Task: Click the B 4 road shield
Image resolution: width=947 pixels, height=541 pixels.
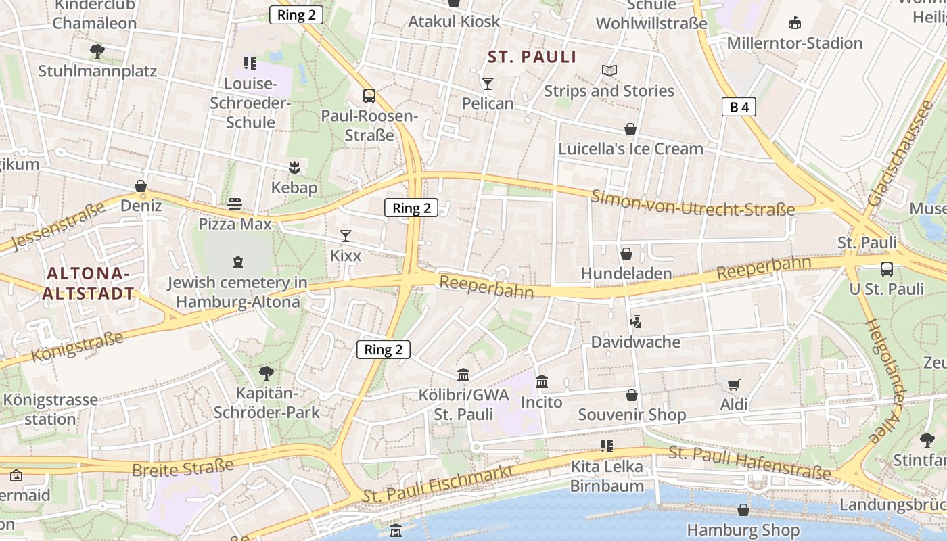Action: coord(738,107)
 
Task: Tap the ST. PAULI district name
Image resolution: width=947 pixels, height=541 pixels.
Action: coord(532,57)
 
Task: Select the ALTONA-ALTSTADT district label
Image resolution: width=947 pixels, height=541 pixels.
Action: coord(87,283)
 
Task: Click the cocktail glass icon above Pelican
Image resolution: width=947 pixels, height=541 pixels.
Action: coord(487,83)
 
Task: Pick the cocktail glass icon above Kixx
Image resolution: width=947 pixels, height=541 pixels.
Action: coord(346,236)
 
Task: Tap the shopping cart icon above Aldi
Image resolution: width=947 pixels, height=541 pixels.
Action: coord(733,385)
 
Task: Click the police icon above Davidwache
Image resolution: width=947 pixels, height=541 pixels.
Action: coord(635,322)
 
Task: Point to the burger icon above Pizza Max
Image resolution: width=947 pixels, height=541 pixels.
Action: coord(235,204)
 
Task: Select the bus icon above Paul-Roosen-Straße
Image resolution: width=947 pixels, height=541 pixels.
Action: coord(369,95)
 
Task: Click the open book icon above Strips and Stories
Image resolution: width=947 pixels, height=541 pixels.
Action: coord(609,70)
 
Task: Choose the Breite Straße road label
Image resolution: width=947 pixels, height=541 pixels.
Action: coord(183,467)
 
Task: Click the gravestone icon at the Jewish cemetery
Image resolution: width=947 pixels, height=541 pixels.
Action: coord(237,262)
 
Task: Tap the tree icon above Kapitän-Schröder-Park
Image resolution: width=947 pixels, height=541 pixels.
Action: coord(267,373)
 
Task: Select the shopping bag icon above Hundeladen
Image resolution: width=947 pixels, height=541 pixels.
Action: coord(626,254)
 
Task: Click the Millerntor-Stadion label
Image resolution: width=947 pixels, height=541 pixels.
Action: coord(795,43)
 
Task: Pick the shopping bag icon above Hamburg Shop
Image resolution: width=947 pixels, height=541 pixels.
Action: coord(743,510)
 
